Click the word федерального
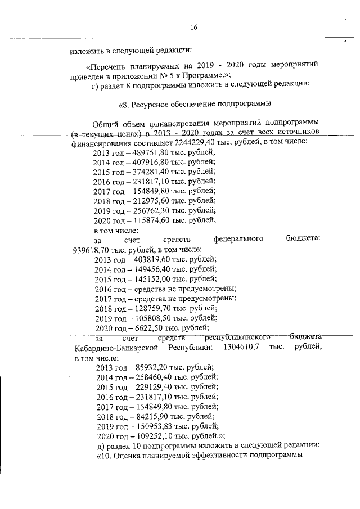(239, 240)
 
